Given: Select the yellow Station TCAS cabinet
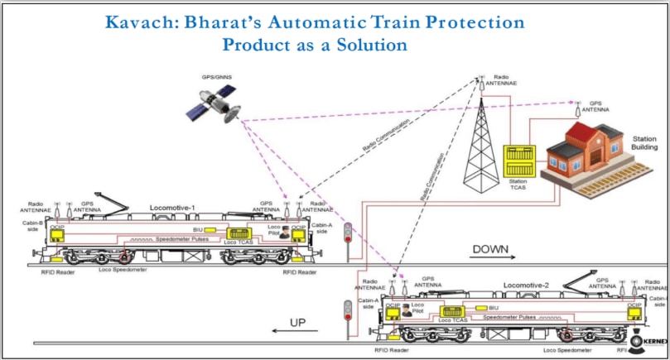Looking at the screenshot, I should [518, 163].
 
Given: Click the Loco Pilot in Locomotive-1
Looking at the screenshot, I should [285, 233].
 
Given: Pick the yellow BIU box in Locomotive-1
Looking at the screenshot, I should [210, 229].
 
